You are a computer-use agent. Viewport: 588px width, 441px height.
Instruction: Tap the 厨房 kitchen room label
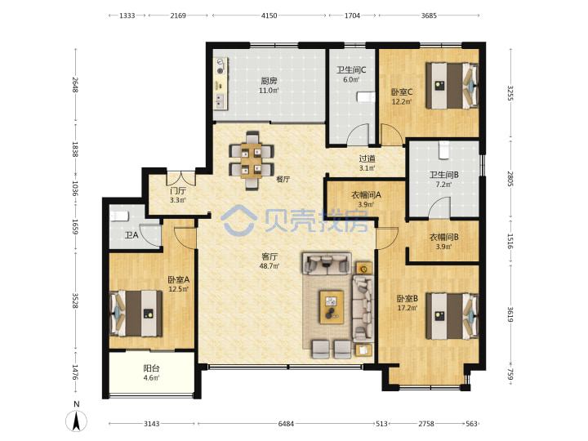click(269, 80)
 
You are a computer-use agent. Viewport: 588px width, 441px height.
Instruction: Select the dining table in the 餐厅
click(251, 161)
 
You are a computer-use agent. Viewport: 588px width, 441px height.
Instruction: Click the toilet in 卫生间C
click(365, 97)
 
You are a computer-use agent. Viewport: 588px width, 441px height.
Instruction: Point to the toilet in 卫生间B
click(444, 149)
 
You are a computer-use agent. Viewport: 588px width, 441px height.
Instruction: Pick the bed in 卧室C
click(452, 86)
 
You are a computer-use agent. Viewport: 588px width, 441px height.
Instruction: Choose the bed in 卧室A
click(136, 314)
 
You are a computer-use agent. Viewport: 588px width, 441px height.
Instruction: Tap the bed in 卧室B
click(452, 316)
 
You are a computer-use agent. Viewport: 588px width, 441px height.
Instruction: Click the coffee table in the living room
click(332, 307)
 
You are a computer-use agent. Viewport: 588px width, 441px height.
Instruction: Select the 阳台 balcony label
click(151, 368)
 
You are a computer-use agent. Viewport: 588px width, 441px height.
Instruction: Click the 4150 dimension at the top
click(269, 16)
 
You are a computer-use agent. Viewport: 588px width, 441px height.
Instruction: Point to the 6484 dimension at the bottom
click(286, 424)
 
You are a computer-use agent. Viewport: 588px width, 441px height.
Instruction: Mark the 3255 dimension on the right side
click(510, 93)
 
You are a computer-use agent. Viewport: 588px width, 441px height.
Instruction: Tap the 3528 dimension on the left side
click(74, 301)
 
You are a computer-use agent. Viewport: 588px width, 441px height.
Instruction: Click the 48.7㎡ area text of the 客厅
click(269, 266)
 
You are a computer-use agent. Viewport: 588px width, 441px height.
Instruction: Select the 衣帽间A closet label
click(366, 195)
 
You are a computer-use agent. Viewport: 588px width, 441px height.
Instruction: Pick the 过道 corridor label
click(367, 159)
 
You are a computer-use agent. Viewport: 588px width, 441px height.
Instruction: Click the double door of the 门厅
click(181, 178)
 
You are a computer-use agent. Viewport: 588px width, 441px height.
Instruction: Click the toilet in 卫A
click(119, 216)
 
